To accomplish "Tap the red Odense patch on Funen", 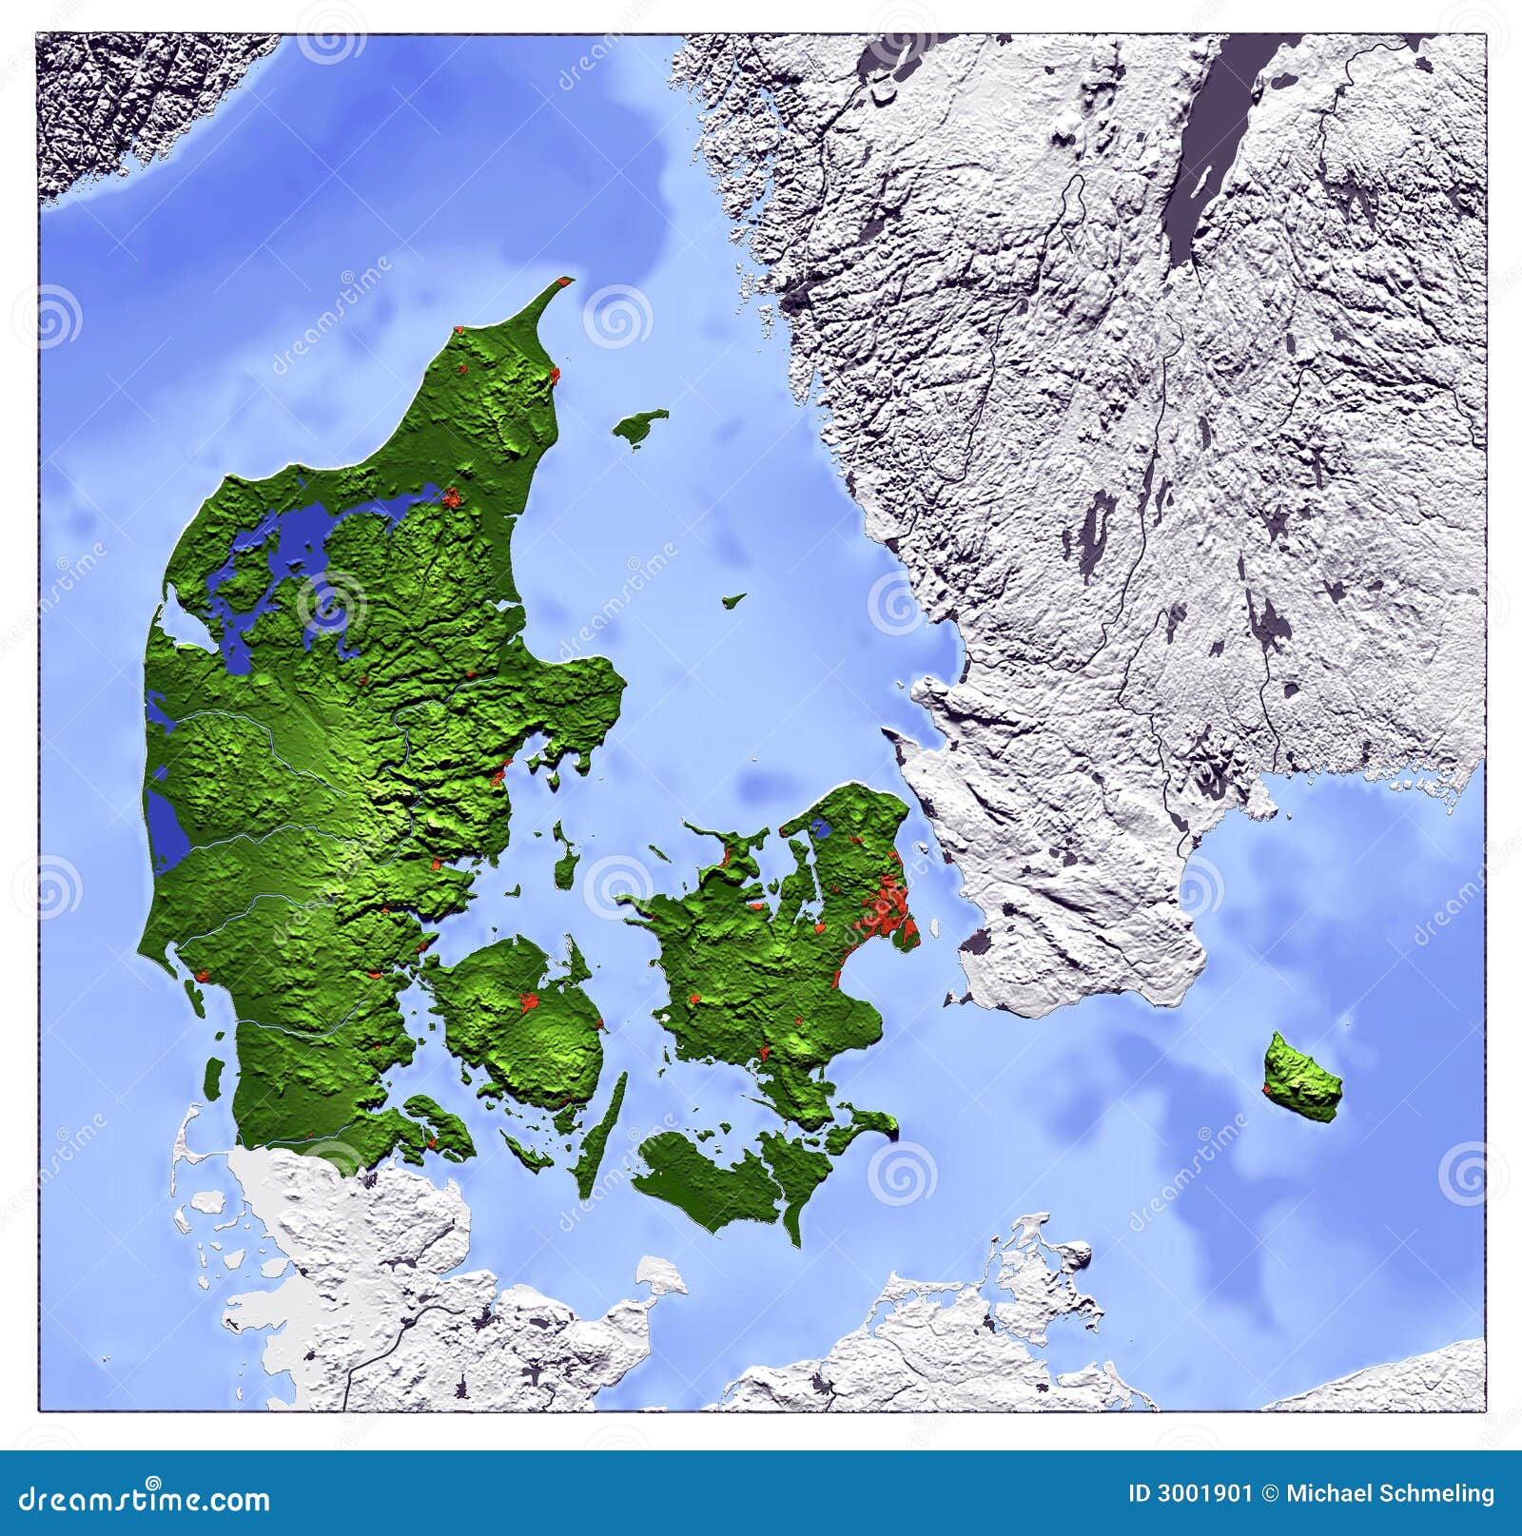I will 525,1000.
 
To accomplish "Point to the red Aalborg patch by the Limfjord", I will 451,496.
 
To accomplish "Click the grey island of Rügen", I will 1037,1265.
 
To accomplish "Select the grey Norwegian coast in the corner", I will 105,105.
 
